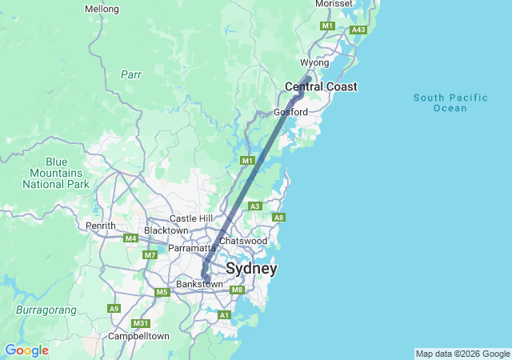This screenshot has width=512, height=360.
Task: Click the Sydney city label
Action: tap(251, 268)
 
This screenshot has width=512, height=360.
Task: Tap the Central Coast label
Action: tap(321, 86)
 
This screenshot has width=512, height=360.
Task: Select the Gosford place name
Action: tap(290, 112)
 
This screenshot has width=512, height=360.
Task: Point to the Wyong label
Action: tap(314, 62)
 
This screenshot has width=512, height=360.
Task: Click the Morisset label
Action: tap(334, 4)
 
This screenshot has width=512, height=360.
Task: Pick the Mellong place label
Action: tap(102, 9)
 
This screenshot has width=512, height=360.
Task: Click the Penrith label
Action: tap(102, 226)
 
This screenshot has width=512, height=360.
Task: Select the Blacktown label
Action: tap(166, 230)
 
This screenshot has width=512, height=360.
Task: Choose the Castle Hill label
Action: tap(191, 218)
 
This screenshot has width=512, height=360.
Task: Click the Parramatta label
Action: tap(192, 248)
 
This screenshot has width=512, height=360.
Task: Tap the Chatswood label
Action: tap(242, 241)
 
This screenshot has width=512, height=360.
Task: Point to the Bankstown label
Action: tap(199, 284)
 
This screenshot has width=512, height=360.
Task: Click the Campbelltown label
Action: tap(138, 336)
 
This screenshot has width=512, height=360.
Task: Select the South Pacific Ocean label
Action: tap(450, 102)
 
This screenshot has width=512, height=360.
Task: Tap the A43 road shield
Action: tap(358, 30)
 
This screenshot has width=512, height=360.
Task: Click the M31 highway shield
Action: tap(141, 323)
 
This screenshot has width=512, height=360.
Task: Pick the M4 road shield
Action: tap(131, 238)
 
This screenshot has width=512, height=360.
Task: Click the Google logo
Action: tap(26, 350)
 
